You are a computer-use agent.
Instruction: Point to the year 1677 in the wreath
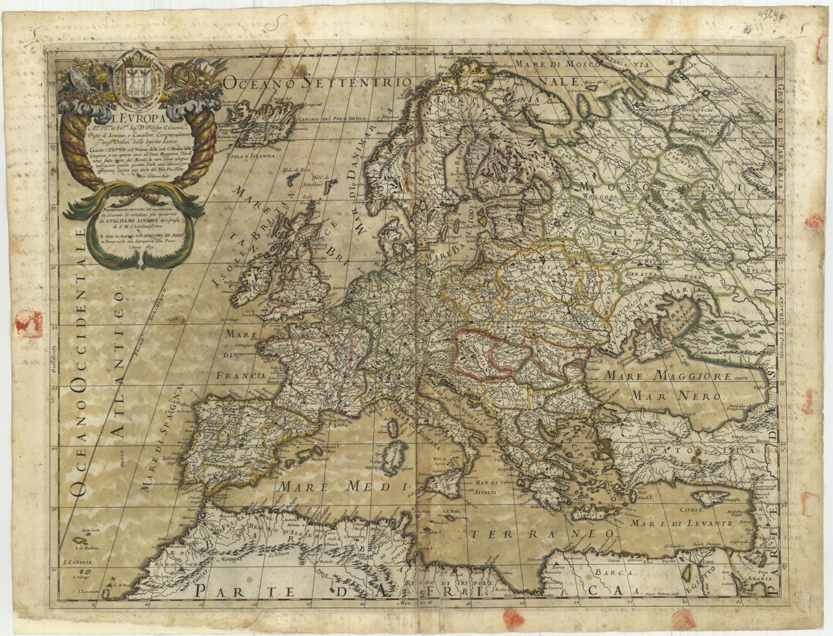pyautogui.click(x=140, y=247)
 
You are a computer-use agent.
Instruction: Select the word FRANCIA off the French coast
pyautogui.click(x=241, y=375)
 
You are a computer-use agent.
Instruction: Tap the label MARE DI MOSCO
pyautogui.click(x=558, y=63)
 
